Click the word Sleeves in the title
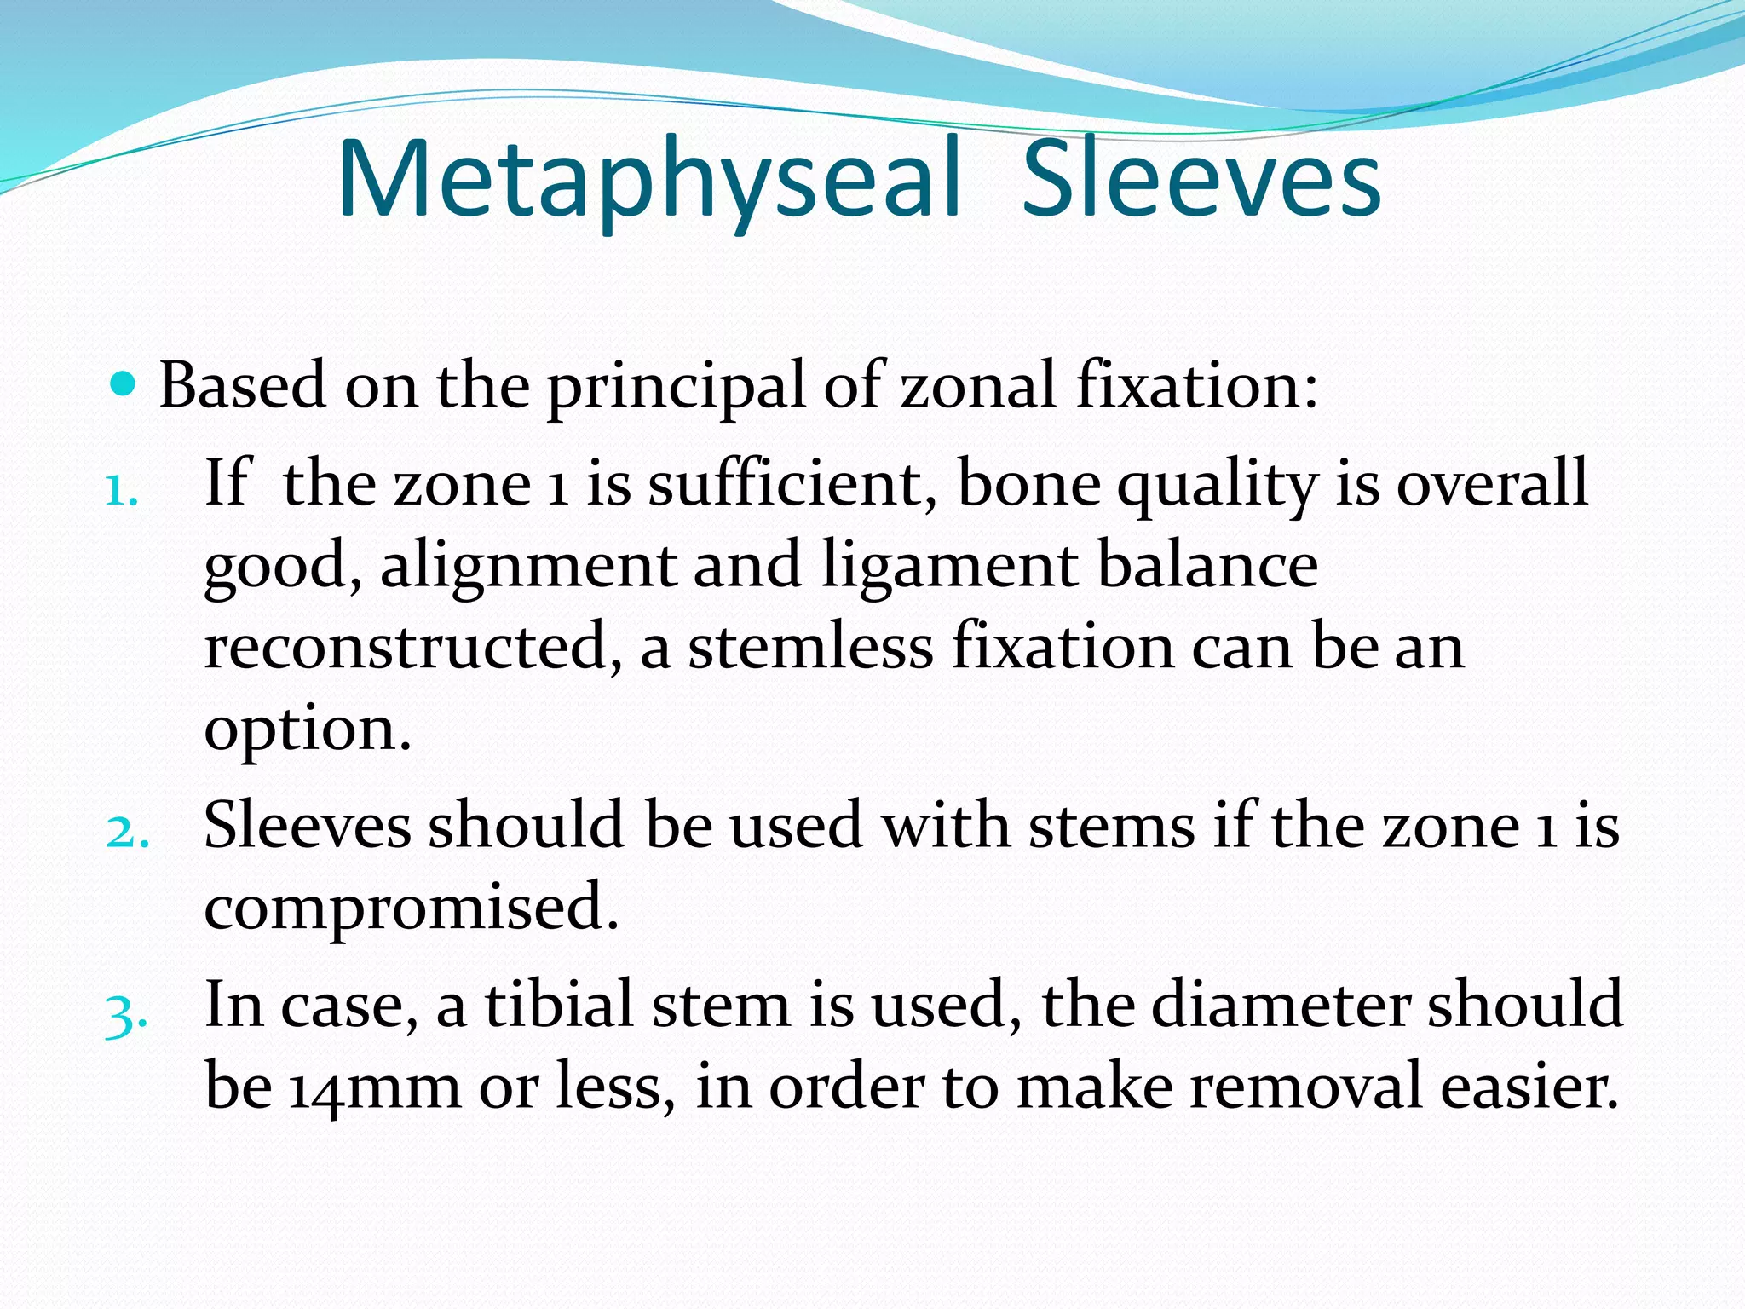tap(1201, 181)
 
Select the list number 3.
tap(126, 1014)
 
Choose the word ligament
tap(950, 568)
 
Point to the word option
tap(307, 730)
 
